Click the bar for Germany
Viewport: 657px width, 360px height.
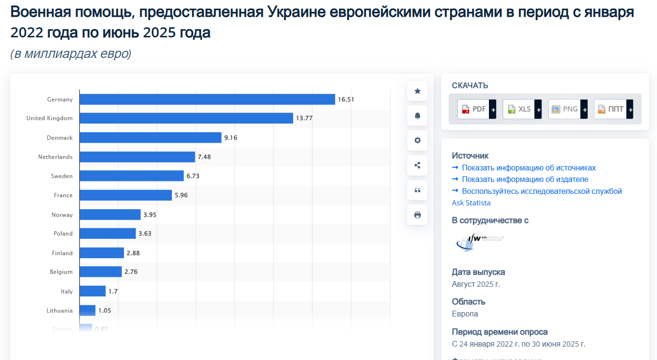[x=207, y=100]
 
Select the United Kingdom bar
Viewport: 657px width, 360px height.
[x=186, y=118]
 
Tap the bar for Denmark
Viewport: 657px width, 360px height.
[x=150, y=138]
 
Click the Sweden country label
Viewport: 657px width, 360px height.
[x=62, y=176]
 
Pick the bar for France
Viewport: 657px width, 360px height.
[x=125, y=195]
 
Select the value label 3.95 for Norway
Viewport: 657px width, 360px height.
[x=150, y=215]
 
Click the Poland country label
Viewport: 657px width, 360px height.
[x=63, y=234]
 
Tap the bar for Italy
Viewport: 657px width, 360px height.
[x=92, y=291]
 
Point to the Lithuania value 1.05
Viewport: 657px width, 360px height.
[x=104, y=311]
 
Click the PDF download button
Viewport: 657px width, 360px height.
[x=476, y=109]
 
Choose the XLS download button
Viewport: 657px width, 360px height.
[x=522, y=109]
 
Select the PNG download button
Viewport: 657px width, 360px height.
[x=567, y=109]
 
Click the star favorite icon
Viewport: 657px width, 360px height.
[x=417, y=91]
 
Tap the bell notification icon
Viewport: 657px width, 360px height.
[x=417, y=116]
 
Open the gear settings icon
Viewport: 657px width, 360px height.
[x=417, y=140]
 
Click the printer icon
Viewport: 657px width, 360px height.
[x=417, y=215]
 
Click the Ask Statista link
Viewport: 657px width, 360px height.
[x=471, y=203]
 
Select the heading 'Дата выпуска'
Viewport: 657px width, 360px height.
[x=478, y=272]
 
